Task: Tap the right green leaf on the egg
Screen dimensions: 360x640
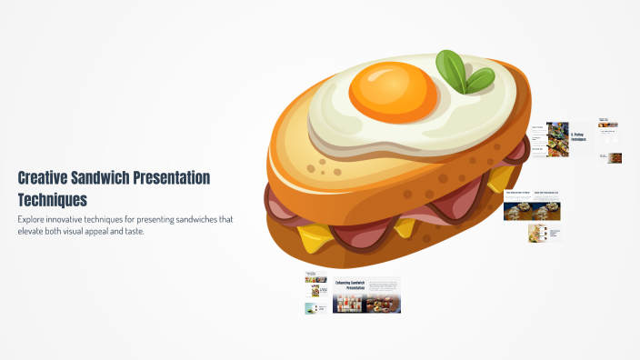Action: tap(478, 80)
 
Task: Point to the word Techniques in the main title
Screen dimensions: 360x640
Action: tap(53, 199)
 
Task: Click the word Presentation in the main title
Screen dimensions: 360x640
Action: tap(182, 178)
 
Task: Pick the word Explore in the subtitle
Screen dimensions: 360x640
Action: tap(32, 220)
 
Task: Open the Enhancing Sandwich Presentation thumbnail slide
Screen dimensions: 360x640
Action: tap(366, 295)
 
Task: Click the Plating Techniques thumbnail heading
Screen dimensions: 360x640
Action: tap(578, 136)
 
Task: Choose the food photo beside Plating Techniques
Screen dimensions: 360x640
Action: tap(557, 138)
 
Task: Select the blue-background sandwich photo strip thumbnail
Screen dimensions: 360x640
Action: tap(533, 211)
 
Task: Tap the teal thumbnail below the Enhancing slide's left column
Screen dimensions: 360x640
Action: tap(315, 308)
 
